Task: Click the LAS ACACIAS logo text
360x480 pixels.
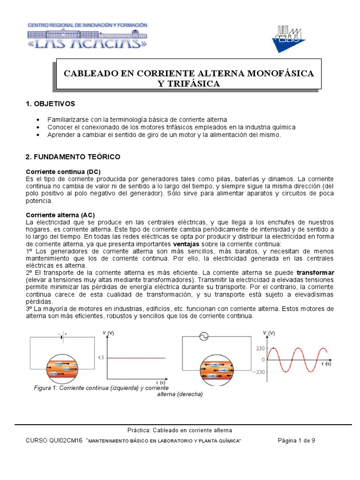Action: click(x=88, y=43)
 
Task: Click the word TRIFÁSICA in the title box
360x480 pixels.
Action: click(x=189, y=83)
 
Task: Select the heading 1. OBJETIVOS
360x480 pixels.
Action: click(x=51, y=103)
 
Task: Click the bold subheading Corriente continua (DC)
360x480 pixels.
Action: click(x=63, y=171)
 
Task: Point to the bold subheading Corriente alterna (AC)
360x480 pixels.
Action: click(x=60, y=215)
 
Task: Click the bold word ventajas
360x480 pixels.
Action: click(x=186, y=244)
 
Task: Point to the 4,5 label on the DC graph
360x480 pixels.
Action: click(x=100, y=358)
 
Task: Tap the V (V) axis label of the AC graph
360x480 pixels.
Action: click(x=269, y=333)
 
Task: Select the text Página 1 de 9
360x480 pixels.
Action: click(x=299, y=441)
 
